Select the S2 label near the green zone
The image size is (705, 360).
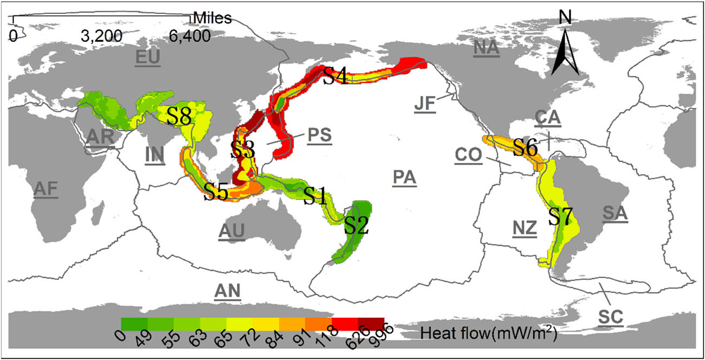pos(356,225)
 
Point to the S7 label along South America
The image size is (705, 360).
pos(560,216)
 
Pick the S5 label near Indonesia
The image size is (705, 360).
pos(215,192)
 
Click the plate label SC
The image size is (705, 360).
pos(611,317)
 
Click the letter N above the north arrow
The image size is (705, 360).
pos(565,19)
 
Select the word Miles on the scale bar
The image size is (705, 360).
pos(212,18)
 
